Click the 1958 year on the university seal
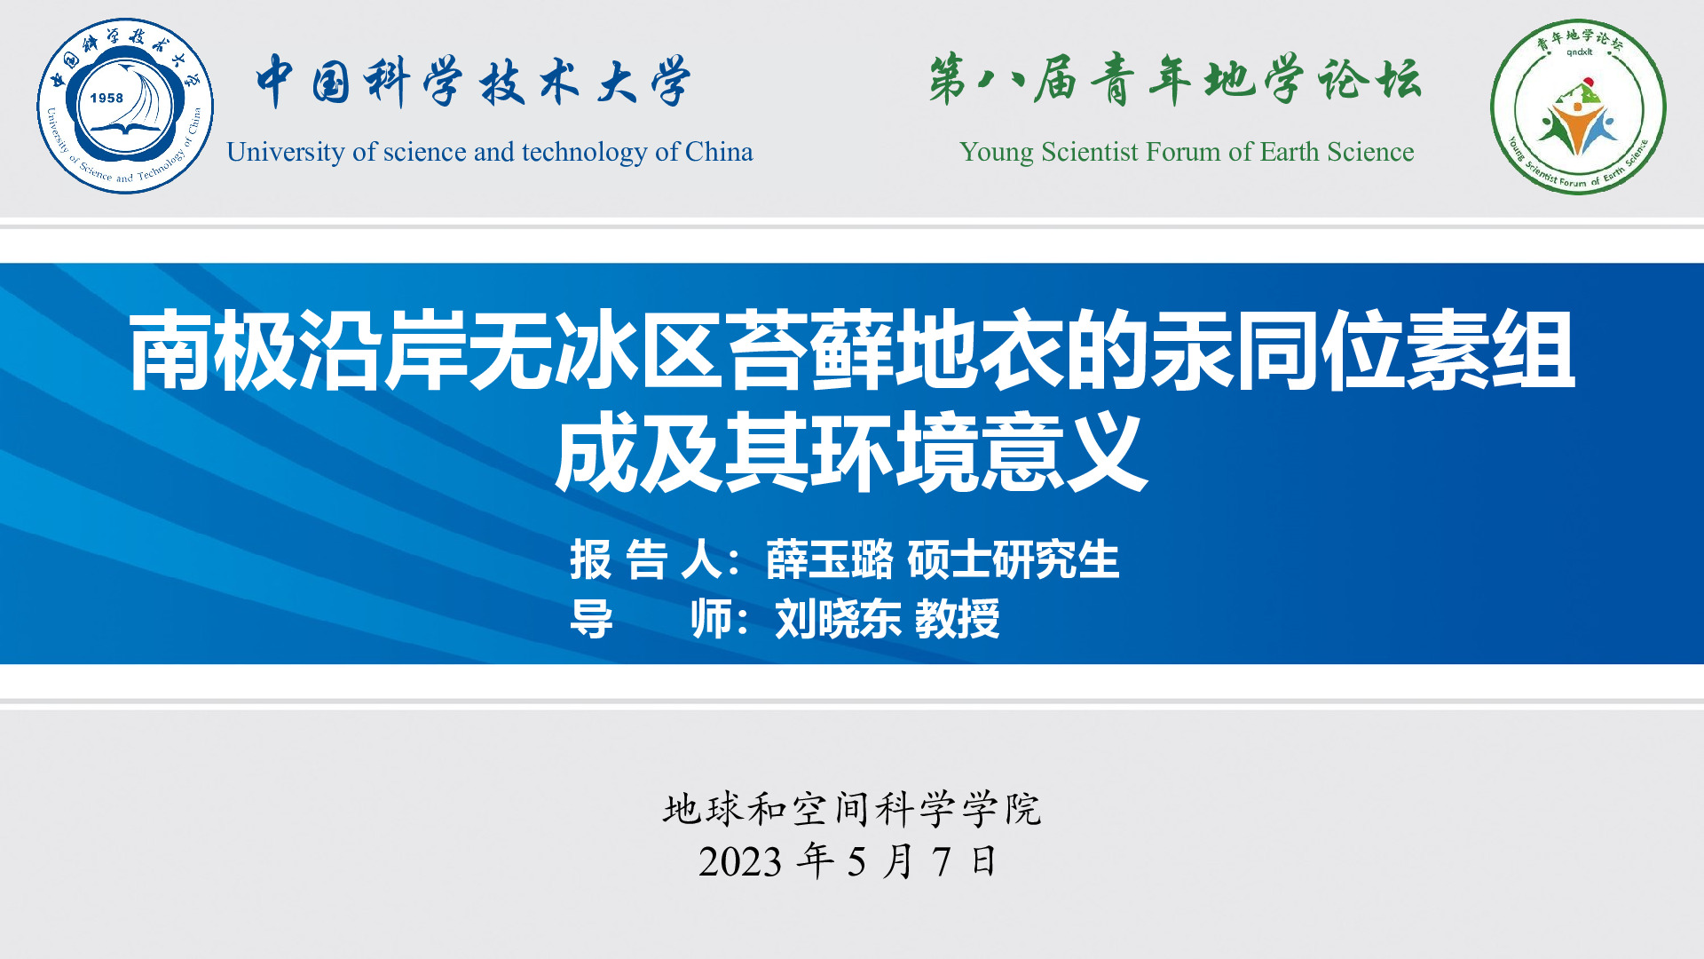click(x=106, y=98)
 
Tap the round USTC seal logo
click(x=125, y=106)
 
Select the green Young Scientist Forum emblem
click(x=1578, y=107)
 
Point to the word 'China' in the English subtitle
click(x=719, y=152)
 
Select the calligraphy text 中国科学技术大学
click(x=473, y=81)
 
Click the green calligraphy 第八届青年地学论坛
click(x=1175, y=79)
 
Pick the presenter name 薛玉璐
click(x=829, y=559)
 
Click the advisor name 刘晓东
click(x=838, y=619)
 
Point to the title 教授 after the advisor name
click(x=957, y=619)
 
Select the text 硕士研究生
click(x=1013, y=559)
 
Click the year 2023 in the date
click(x=740, y=862)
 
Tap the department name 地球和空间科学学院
click(x=852, y=809)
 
